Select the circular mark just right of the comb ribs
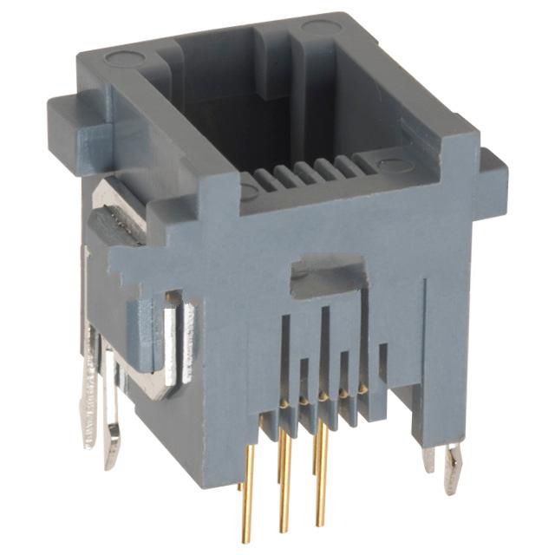[x=392, y=165]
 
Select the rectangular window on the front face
[x=326, y=275]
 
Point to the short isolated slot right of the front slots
[x=382, y=363]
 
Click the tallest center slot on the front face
[x=324, y=347]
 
